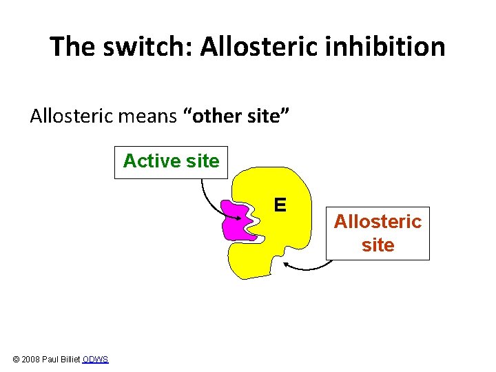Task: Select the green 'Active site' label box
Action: tap(171, 161)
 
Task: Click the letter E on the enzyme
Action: tap(280, 205)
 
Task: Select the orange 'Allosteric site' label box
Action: tap(378, 234)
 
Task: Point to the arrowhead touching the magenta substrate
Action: tap(238, 219)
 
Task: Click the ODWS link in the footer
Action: tap(95, 360)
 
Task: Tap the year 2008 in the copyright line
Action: tap(31, 360)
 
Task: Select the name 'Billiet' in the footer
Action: tap(70, 360)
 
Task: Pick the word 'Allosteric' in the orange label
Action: tap(378, 222)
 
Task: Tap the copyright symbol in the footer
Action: tap(17, 360)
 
